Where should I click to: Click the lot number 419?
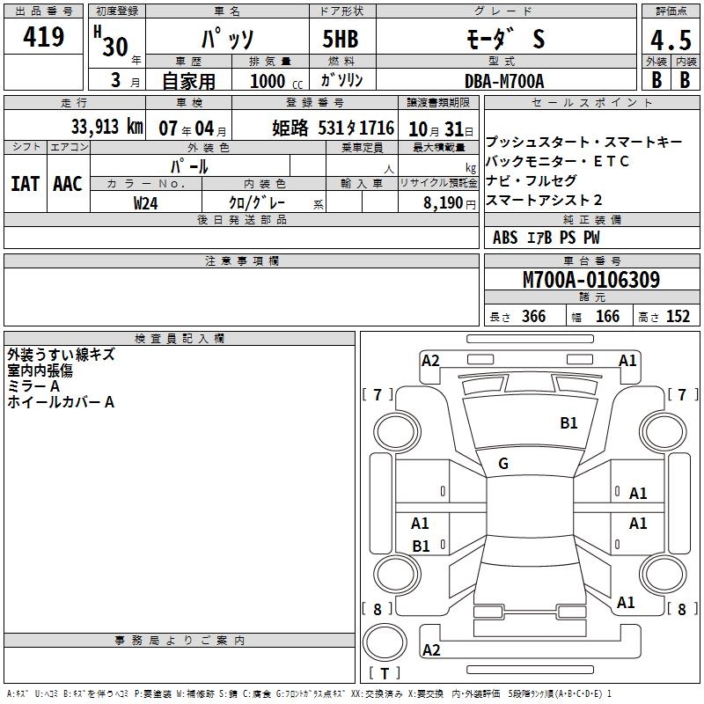pos(43,36)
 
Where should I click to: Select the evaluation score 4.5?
pos(671,40)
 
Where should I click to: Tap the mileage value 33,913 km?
pos(106,127)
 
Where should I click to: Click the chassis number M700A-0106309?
pos(591,280)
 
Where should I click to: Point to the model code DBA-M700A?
pos(504,81)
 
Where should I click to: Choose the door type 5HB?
pos(341,39)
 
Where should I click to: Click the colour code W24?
pos(145,203)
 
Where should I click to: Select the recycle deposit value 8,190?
pos(444,203)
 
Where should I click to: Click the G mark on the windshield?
pos(503,464)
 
